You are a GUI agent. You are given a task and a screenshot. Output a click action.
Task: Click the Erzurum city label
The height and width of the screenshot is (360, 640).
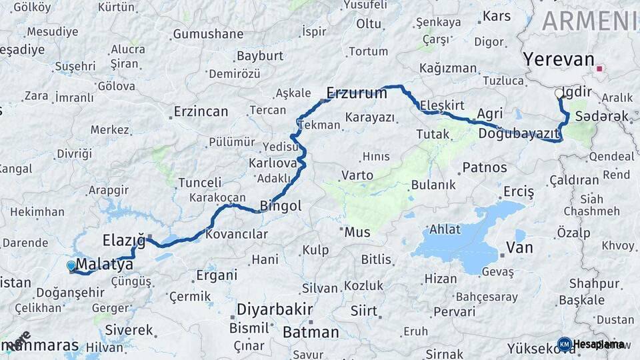pos(357,93)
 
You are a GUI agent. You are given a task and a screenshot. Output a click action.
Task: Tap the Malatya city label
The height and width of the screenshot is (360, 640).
pos(105,265)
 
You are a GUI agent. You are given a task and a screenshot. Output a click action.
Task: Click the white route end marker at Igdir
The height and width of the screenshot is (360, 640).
pos(559,93)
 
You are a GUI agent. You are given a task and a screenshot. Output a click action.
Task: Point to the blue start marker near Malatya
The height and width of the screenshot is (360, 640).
pos(71,266)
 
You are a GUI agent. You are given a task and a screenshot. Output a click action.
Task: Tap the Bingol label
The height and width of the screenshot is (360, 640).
pos(281,206)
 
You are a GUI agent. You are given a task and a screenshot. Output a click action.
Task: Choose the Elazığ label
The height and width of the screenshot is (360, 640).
pos(123,239)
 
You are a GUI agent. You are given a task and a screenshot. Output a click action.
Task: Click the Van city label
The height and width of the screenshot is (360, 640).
pos(520,248)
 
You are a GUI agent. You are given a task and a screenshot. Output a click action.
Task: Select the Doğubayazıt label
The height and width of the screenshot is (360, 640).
pos(518,134)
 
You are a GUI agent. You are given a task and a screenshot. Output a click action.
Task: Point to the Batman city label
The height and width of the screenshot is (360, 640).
pos(311,331)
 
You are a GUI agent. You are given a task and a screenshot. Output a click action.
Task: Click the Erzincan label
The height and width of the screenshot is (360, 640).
pos(201,111)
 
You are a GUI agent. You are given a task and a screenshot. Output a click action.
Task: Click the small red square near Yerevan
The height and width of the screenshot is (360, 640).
pos(599,68)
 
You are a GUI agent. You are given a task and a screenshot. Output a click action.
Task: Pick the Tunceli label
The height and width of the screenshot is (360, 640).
pos(199,182)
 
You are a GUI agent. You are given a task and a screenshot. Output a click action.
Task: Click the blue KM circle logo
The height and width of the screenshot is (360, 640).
pos(564,344)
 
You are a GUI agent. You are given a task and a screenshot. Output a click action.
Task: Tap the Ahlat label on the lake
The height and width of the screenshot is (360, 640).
pos(445,229)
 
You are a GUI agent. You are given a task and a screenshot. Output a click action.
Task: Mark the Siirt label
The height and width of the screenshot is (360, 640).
pos(363,311)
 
